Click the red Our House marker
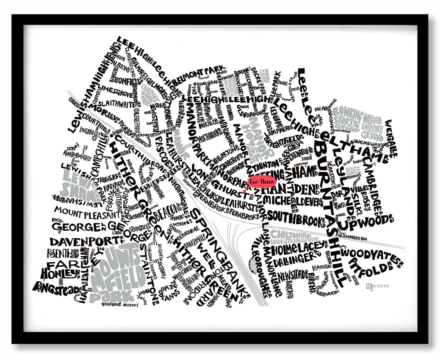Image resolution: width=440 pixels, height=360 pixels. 262,181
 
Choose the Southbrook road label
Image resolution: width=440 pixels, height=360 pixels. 298,216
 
